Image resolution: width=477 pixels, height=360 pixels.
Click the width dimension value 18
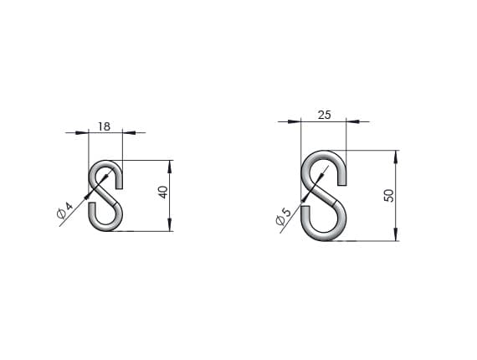pos(104,126)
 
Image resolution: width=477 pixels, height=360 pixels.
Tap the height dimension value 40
pos(164,192)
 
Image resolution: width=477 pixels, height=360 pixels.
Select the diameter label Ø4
pos(65,210)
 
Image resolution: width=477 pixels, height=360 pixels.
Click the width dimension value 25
pos(325,115)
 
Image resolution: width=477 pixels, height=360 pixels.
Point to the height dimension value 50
pos(389,195)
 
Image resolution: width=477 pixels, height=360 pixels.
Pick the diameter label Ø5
pos(284,216)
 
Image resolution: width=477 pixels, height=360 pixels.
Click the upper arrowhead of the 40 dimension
pos(170,167)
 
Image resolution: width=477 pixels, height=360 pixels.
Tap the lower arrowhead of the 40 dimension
pos(170,224)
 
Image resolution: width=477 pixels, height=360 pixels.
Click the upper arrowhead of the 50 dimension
pos(396,157)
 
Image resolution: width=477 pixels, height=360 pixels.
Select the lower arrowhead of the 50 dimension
pos(396,234)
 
